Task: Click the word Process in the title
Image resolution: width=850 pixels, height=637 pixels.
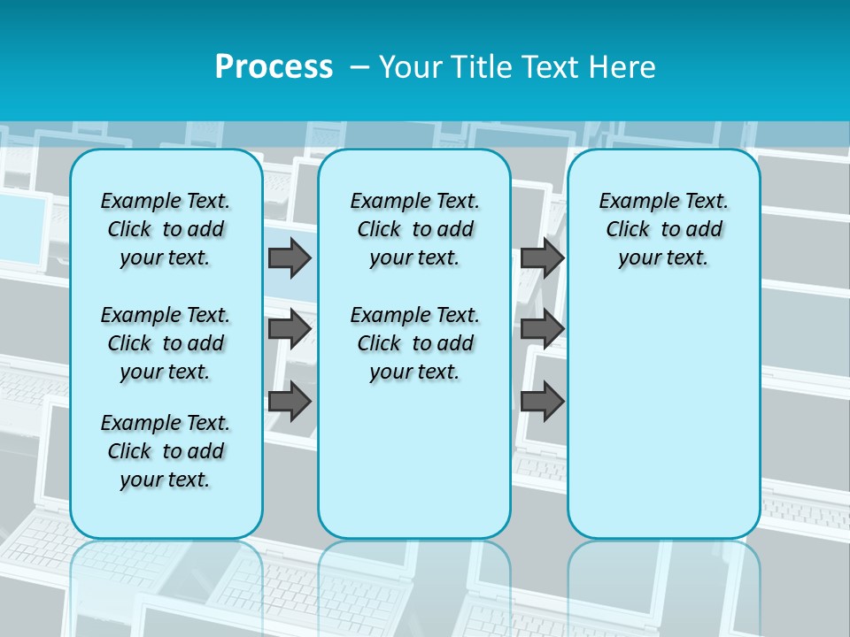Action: [x=274, y=66]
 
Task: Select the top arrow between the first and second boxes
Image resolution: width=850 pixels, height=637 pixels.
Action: [x=289, y=257]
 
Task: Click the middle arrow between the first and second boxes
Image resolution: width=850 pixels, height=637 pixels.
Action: [x=289, y=329]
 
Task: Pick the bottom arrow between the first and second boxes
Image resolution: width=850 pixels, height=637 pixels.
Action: [x=289, y=401]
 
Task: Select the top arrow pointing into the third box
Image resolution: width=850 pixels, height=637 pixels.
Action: [x=542, y=257]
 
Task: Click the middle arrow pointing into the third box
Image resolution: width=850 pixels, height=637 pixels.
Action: [x=542, y=329]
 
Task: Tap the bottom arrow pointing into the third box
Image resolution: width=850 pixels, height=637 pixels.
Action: [x=542, y=401]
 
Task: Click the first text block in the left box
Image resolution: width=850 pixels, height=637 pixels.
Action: [x=166, y=229]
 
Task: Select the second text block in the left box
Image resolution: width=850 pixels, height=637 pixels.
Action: [x=166, y=343]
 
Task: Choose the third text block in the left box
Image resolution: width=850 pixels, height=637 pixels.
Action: [x=166, y=451]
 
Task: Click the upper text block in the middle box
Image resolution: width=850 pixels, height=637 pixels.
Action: [x=414, y=229]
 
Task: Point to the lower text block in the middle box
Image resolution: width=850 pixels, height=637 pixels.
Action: [x=414, y=343]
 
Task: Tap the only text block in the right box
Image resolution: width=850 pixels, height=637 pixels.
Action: [x=663, y=229]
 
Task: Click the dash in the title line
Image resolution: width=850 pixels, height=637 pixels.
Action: [x=359, y=66]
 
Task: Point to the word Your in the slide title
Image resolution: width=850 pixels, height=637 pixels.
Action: [x=409, y=66]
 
